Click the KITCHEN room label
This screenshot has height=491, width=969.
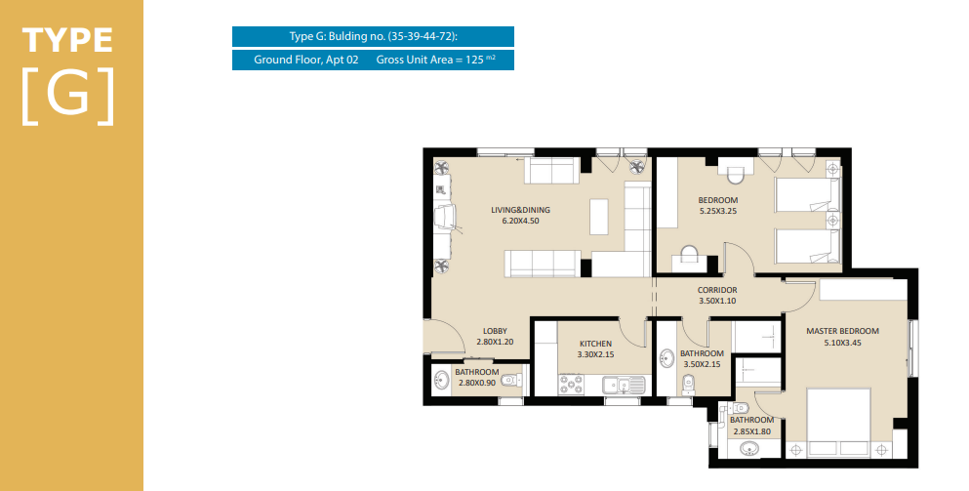tap(595, 344)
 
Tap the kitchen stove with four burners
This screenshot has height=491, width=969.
tap(571, 385)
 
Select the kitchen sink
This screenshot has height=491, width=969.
tap(624, 385)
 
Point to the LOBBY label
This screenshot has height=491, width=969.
tap(495, 332)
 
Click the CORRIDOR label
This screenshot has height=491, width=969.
tap(717, 290)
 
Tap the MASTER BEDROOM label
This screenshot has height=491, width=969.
tap(842, 332)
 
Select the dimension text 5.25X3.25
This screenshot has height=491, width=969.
tap(718, 212)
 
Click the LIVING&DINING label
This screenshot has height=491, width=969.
tap(520, 210)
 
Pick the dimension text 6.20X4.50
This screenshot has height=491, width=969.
tap(520, 221)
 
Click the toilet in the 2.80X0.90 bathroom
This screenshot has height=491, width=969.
tap(510, 379)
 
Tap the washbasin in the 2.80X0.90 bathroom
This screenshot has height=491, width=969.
tap(441, 380)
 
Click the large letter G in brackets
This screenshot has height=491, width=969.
tap(69, 96)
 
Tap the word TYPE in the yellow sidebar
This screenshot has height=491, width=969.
tap(68, 40)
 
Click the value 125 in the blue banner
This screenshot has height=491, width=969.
tap(474, 60)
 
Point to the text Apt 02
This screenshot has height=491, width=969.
tap(342, 60)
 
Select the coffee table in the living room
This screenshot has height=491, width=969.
tap(599, 217)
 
